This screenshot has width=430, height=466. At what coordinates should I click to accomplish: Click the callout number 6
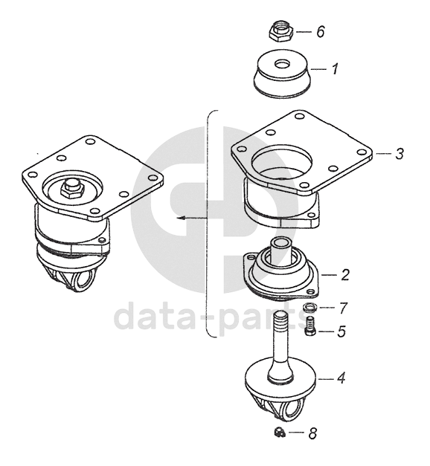click(x=321, y=31)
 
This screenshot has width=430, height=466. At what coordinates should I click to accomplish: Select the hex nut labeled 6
click(x=281, y=32)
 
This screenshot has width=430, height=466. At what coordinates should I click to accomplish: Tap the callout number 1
click(x=335, y=69)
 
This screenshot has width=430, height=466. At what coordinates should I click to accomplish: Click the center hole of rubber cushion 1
click(x=281, y=64)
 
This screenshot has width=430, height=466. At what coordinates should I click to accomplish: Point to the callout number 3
click(x=399, y=154)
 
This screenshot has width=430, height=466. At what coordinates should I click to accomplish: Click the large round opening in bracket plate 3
click(x=282, y=161)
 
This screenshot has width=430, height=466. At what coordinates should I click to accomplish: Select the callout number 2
click(x=345, y=275)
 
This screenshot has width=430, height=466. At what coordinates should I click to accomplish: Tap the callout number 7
click(x=343, y=308)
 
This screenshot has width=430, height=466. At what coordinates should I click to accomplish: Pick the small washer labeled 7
click(x=309, y=307)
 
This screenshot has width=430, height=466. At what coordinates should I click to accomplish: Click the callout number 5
click(x=341, y=331)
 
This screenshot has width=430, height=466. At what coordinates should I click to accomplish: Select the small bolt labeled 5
click(x=310, y=326)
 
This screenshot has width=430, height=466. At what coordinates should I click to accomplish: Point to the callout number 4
click(x=341, y=378)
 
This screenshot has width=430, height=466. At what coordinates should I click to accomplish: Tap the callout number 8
click(x=312, y=433)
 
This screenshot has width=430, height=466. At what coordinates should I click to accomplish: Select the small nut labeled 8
click(x=280, y=433)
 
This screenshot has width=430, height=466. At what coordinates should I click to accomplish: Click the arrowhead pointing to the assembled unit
click(x=181, y=219)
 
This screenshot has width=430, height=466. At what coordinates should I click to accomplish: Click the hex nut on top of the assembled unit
click(x=71, y=190)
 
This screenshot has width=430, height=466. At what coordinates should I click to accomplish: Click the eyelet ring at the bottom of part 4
click(x=292, y=410)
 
